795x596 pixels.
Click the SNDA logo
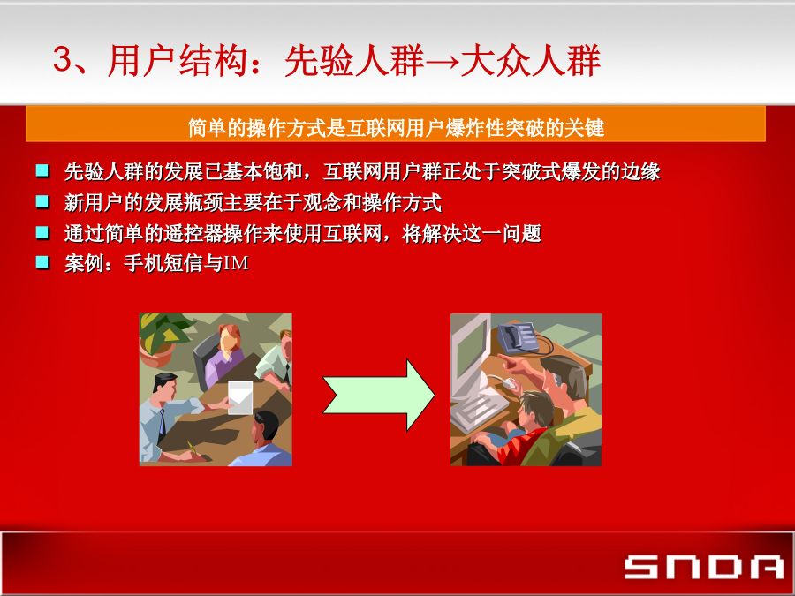point(704,567)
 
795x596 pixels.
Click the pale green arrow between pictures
point(379,395)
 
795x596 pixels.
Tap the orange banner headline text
point(396,128)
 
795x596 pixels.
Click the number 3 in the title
point(64,60)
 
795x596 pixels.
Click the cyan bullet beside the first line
point(42,171)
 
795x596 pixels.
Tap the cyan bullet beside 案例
point(42,262)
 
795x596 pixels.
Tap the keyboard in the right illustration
point(478,410)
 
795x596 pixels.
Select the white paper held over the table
point(239,398)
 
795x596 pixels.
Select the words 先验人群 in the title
point(354,61)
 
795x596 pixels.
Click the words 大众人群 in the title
point(530,61)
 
